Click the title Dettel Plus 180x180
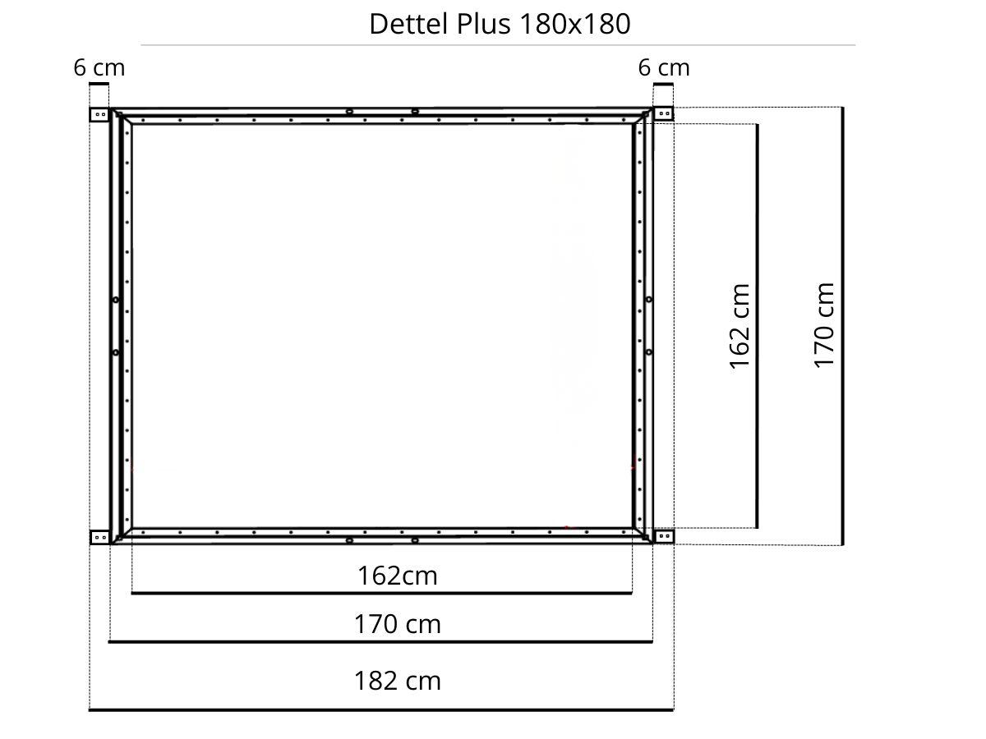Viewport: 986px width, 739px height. (x=500, y=24)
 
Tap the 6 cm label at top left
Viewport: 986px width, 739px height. (x=99, y=68)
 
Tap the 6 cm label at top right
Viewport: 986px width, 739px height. (x=663, y=68)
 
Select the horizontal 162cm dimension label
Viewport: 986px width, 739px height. (x=397, y=576)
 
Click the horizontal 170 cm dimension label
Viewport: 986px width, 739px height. (x=397, y=624)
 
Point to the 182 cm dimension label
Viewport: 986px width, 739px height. (x=397, y=681)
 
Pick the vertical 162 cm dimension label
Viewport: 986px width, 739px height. (x=739, y=327)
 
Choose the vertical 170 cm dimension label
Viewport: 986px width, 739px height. (x=824, y=326)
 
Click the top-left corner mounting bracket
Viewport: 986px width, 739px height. (x=99, y=114)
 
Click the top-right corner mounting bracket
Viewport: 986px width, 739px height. (x=663, y=113)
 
